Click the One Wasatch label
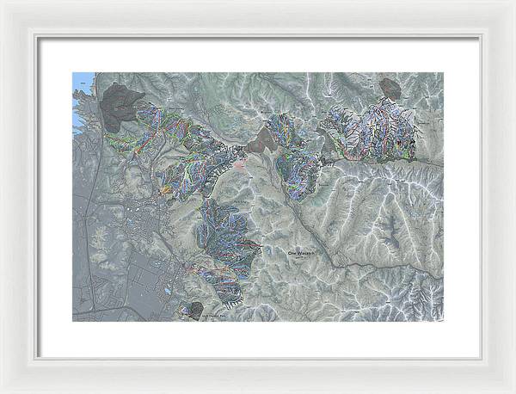pos(303,253)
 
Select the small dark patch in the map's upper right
pos(390,87)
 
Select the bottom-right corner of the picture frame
pos(513,391)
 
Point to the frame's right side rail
pos(499,197)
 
